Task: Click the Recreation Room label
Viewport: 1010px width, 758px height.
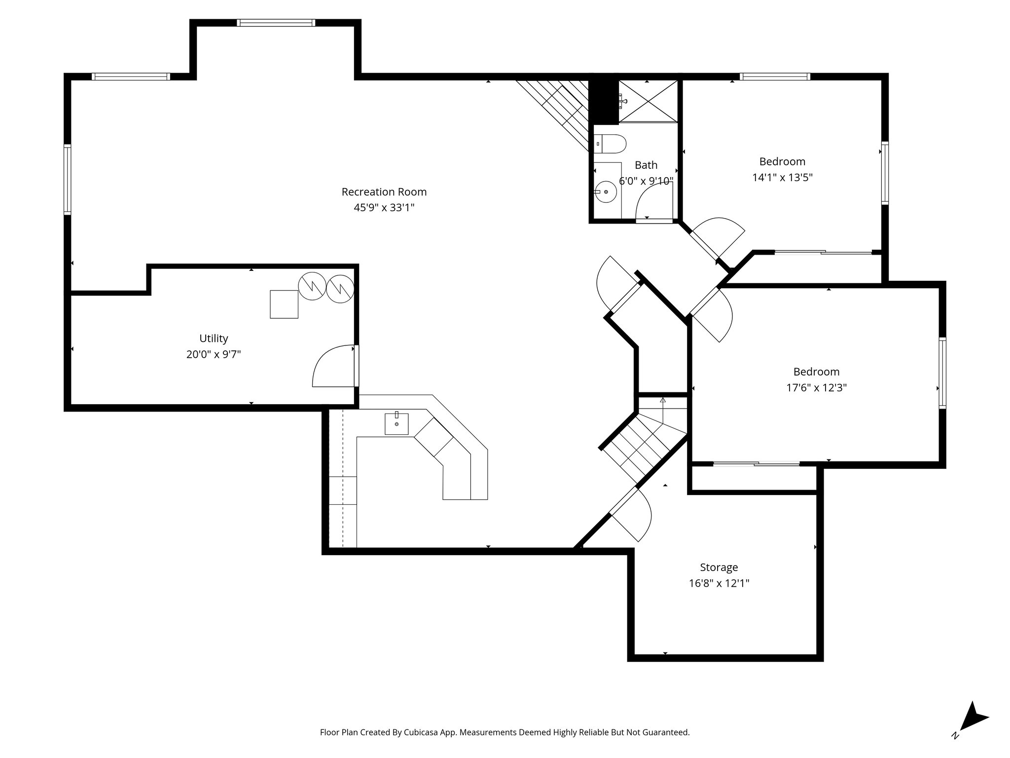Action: pos(384,192)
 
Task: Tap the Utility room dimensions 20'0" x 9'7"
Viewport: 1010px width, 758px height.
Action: pos(214,354)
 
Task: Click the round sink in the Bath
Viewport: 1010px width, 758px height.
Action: pos(606,191)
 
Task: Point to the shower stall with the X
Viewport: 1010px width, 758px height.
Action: pos(648,101)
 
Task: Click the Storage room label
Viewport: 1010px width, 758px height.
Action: pos(719,568)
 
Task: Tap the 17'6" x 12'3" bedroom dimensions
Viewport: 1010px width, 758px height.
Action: pos(816,388)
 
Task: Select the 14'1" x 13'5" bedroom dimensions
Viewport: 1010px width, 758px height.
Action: pos(782,178)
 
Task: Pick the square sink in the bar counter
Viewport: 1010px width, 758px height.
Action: pos(397,423)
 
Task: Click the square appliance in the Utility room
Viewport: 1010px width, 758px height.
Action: pos(284,304)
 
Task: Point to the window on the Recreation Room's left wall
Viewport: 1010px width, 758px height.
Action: pos(68,179)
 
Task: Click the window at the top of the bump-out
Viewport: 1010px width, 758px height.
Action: pos(275,23)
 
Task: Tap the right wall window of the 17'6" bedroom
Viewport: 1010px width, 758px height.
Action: pos(942,373)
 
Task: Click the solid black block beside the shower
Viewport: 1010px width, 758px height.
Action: pos(604,102)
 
